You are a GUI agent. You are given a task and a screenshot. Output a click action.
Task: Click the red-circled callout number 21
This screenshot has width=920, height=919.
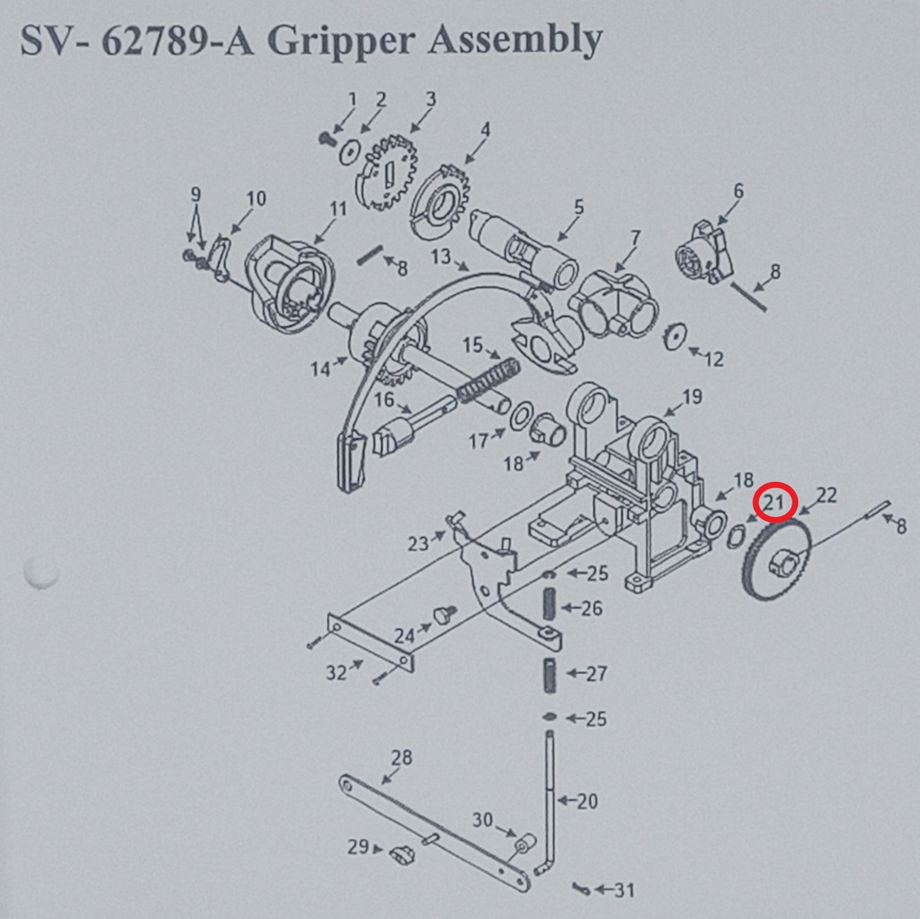[773, 503]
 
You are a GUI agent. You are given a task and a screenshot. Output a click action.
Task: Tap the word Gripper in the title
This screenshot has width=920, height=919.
[345, 41]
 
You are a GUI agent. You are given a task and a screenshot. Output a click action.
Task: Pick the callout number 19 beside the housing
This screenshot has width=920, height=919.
[692, 397]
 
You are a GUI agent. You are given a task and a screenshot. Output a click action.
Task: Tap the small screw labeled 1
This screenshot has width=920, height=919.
[326, 139]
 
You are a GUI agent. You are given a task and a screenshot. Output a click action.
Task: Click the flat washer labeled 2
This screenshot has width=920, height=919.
[350, 152]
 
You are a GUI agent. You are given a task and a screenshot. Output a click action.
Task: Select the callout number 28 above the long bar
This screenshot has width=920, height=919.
[402, 757]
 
